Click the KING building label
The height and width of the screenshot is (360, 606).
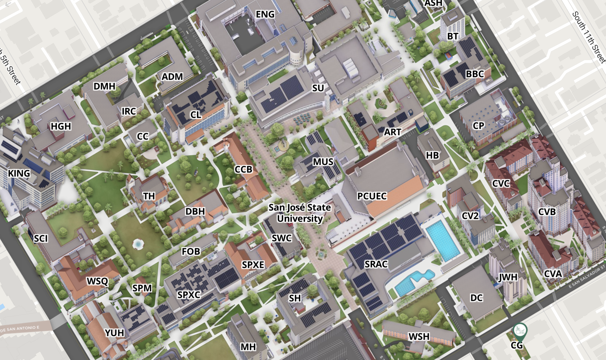[19, 173]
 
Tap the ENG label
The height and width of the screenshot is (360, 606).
[265, 14]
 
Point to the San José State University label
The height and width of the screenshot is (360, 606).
[300, 213]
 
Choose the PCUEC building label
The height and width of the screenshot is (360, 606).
[372, 196]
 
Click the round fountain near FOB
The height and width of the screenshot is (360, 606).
[138, 244]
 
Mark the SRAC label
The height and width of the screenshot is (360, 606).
[376, 264]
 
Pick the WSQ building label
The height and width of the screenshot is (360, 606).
[97, 281]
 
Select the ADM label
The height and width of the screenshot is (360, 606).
[172, 77]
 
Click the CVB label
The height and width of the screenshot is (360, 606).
[547, 212]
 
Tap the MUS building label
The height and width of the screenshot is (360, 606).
[323, 162]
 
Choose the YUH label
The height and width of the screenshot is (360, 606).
[114, 333]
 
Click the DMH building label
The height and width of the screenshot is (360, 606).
[104, 86]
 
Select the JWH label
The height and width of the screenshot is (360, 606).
[508, 277]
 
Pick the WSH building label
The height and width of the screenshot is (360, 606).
[419, 337]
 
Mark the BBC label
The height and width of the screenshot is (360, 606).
[475, 74]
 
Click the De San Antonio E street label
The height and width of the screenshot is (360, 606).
[20, 329]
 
